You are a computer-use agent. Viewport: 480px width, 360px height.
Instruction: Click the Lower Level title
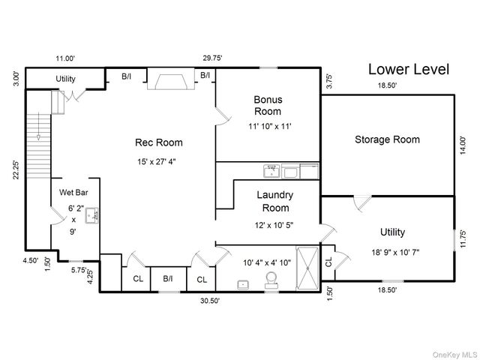409,69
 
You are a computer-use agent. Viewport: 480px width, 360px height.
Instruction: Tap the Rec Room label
159,142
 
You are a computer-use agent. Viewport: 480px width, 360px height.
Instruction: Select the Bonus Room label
268,106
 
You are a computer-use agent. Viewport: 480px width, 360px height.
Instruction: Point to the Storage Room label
387,139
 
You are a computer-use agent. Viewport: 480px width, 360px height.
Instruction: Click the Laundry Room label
275,202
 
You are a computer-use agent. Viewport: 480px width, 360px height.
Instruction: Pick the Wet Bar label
73,193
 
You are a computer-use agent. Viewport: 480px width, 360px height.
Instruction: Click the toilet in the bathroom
271,280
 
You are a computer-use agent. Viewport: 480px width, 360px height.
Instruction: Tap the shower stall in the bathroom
307,268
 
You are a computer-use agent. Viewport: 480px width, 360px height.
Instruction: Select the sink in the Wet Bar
91,215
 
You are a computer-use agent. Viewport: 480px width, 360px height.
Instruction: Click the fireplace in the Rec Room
171,79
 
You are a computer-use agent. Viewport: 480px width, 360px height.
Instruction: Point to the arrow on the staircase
38,126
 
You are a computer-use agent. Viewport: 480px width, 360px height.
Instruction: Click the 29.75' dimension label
212,58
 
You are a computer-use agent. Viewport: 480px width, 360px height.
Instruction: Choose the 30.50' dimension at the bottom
210,301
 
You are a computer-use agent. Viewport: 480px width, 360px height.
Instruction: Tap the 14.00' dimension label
463,145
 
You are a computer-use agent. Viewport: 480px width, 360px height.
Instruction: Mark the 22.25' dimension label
16,170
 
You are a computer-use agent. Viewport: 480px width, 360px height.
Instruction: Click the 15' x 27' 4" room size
157,161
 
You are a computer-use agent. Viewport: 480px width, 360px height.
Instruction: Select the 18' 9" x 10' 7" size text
395,252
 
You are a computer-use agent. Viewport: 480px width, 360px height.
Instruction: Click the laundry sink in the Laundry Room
271,171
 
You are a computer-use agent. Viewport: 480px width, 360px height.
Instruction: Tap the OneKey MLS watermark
455,355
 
